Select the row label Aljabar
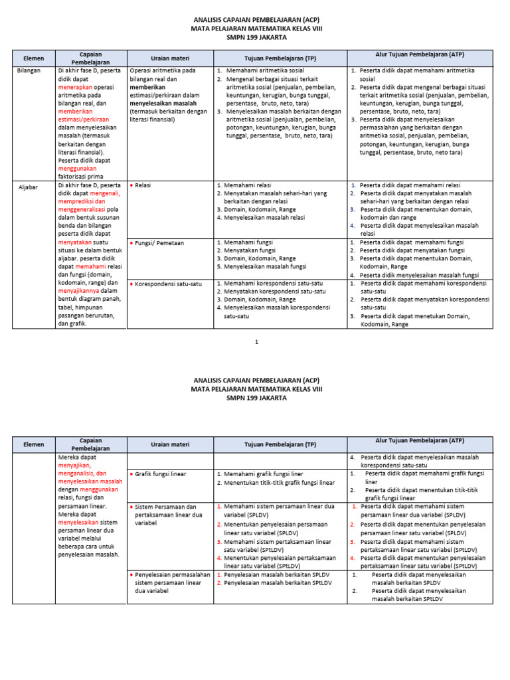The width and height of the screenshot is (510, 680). [x=29, y=187]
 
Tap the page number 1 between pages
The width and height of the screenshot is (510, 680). [x=255, y=341]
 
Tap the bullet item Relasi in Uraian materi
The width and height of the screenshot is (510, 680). [x=143, y=185]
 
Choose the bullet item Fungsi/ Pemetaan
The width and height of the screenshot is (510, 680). [x=159, y=243]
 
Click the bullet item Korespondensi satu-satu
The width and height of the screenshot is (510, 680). [x=168, y=284]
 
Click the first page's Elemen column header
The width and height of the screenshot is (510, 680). [x=33, y=58]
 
